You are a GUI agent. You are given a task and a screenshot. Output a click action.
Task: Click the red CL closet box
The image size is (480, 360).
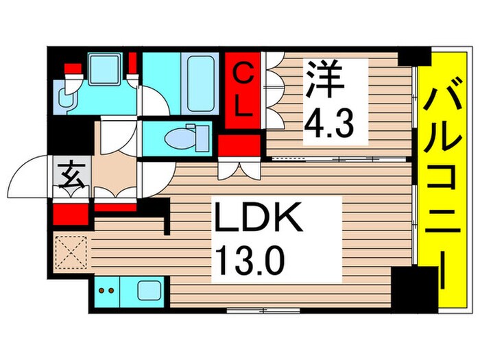click(243, 89)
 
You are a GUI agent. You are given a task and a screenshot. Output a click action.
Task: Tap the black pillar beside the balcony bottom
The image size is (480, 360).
click(419, 287)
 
